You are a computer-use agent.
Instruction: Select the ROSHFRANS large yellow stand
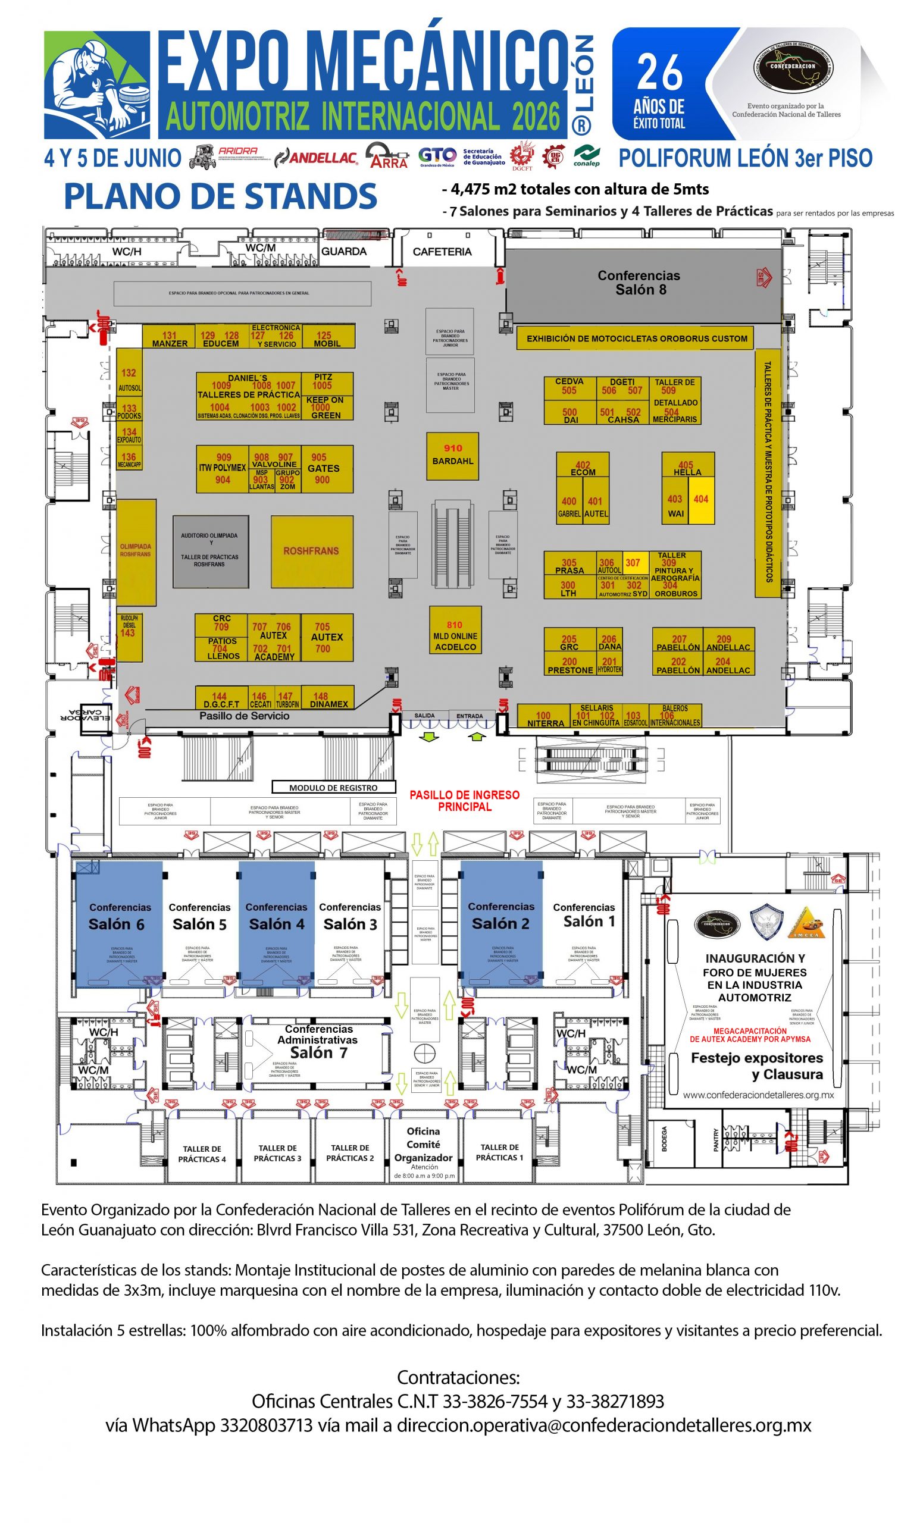311,551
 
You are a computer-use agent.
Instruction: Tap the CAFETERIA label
442,252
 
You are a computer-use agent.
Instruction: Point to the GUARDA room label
344,252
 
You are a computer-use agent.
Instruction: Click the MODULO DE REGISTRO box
333,788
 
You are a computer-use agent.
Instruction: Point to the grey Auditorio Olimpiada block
210,551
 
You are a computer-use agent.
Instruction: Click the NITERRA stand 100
543,717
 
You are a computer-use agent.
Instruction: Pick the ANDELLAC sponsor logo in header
316,158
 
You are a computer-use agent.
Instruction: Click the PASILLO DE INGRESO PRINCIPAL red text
464,800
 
